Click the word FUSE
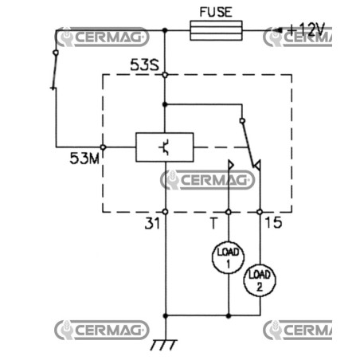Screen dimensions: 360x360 pos(216,12)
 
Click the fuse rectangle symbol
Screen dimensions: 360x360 pos(216,30)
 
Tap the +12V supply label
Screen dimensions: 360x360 pos(307,29)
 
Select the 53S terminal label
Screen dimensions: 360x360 pos(145,65)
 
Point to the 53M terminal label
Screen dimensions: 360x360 pos(84,158)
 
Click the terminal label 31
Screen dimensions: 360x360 pos(152,223)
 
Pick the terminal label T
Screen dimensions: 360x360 pos(213,223)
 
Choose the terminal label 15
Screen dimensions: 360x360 pos(274,222)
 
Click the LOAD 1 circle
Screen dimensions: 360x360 pos(228,257)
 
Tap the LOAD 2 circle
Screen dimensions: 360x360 pos(260,280)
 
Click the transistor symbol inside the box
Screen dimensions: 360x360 pos(165,147)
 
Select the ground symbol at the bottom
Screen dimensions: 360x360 pos(163,344)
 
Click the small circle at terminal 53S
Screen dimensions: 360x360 pos(165,75)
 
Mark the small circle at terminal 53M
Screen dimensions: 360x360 pos(103,147)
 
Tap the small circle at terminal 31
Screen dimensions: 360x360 pos(165,212)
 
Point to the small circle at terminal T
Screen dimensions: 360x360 pos(229,212)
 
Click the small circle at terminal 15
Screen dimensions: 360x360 pos(260,212)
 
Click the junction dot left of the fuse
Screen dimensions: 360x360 pos(165,30)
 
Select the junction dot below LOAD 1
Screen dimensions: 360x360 pos(229,316)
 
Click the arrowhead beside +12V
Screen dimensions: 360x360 pos(278,30)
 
